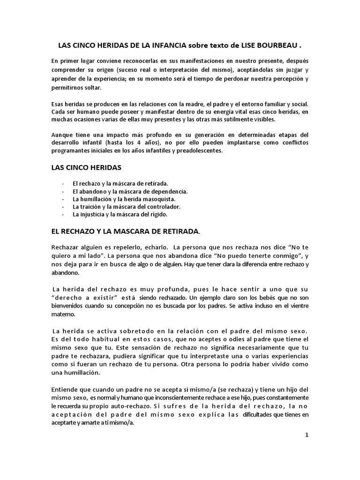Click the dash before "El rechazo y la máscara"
point(63,184)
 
